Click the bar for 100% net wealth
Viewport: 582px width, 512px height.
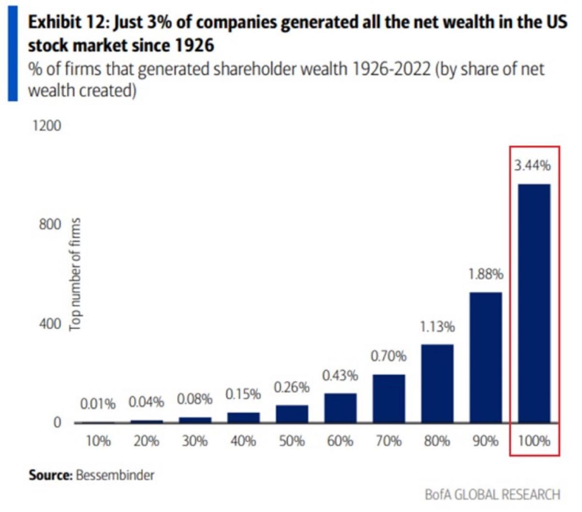point(534,303)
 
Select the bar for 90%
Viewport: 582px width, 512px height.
point(485,357)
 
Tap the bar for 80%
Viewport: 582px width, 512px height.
point(437,383)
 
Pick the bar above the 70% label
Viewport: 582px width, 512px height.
point(388,398)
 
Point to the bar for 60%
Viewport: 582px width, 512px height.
point(340,408)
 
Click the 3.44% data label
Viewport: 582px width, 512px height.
point(533,165)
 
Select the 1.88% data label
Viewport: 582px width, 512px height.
point(485,274)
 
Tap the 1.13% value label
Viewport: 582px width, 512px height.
point(437,327)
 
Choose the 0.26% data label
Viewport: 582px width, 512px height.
point(291,388)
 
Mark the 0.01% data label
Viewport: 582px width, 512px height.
point(98,404)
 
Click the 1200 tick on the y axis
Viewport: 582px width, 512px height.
point(47,126)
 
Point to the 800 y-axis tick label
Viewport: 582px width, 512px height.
point(50,225)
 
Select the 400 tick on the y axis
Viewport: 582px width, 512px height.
point(50,324)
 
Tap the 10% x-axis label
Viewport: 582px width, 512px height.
point(98,441)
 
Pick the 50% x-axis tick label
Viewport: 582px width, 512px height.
point(291,441)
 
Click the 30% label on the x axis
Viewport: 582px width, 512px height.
point(194,441)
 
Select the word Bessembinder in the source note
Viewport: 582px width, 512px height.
point(115,475)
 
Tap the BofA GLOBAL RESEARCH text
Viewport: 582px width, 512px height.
point(492,495)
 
